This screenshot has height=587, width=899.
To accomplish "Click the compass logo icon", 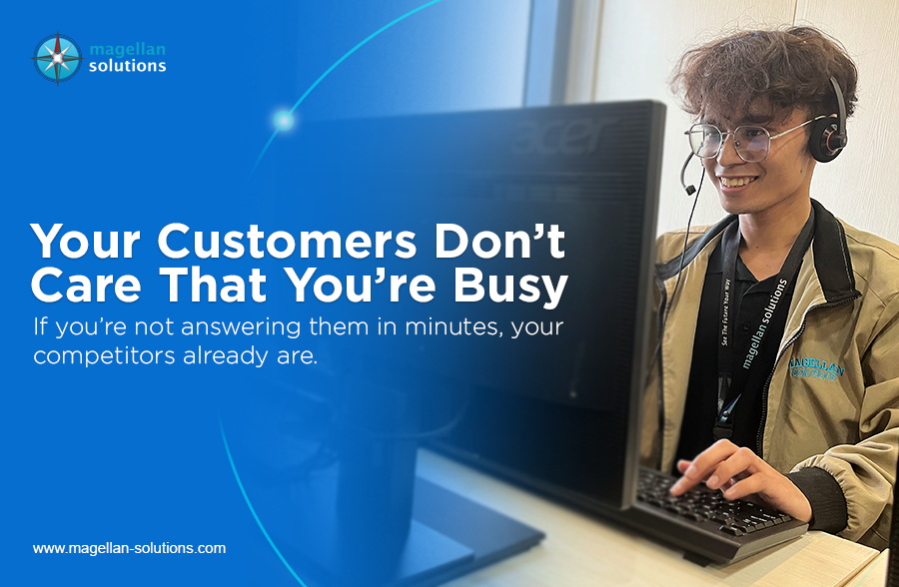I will click(56, 58).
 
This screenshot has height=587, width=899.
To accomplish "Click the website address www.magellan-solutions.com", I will click(129, 548).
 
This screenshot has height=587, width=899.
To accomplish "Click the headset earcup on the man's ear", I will click(828, 138).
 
